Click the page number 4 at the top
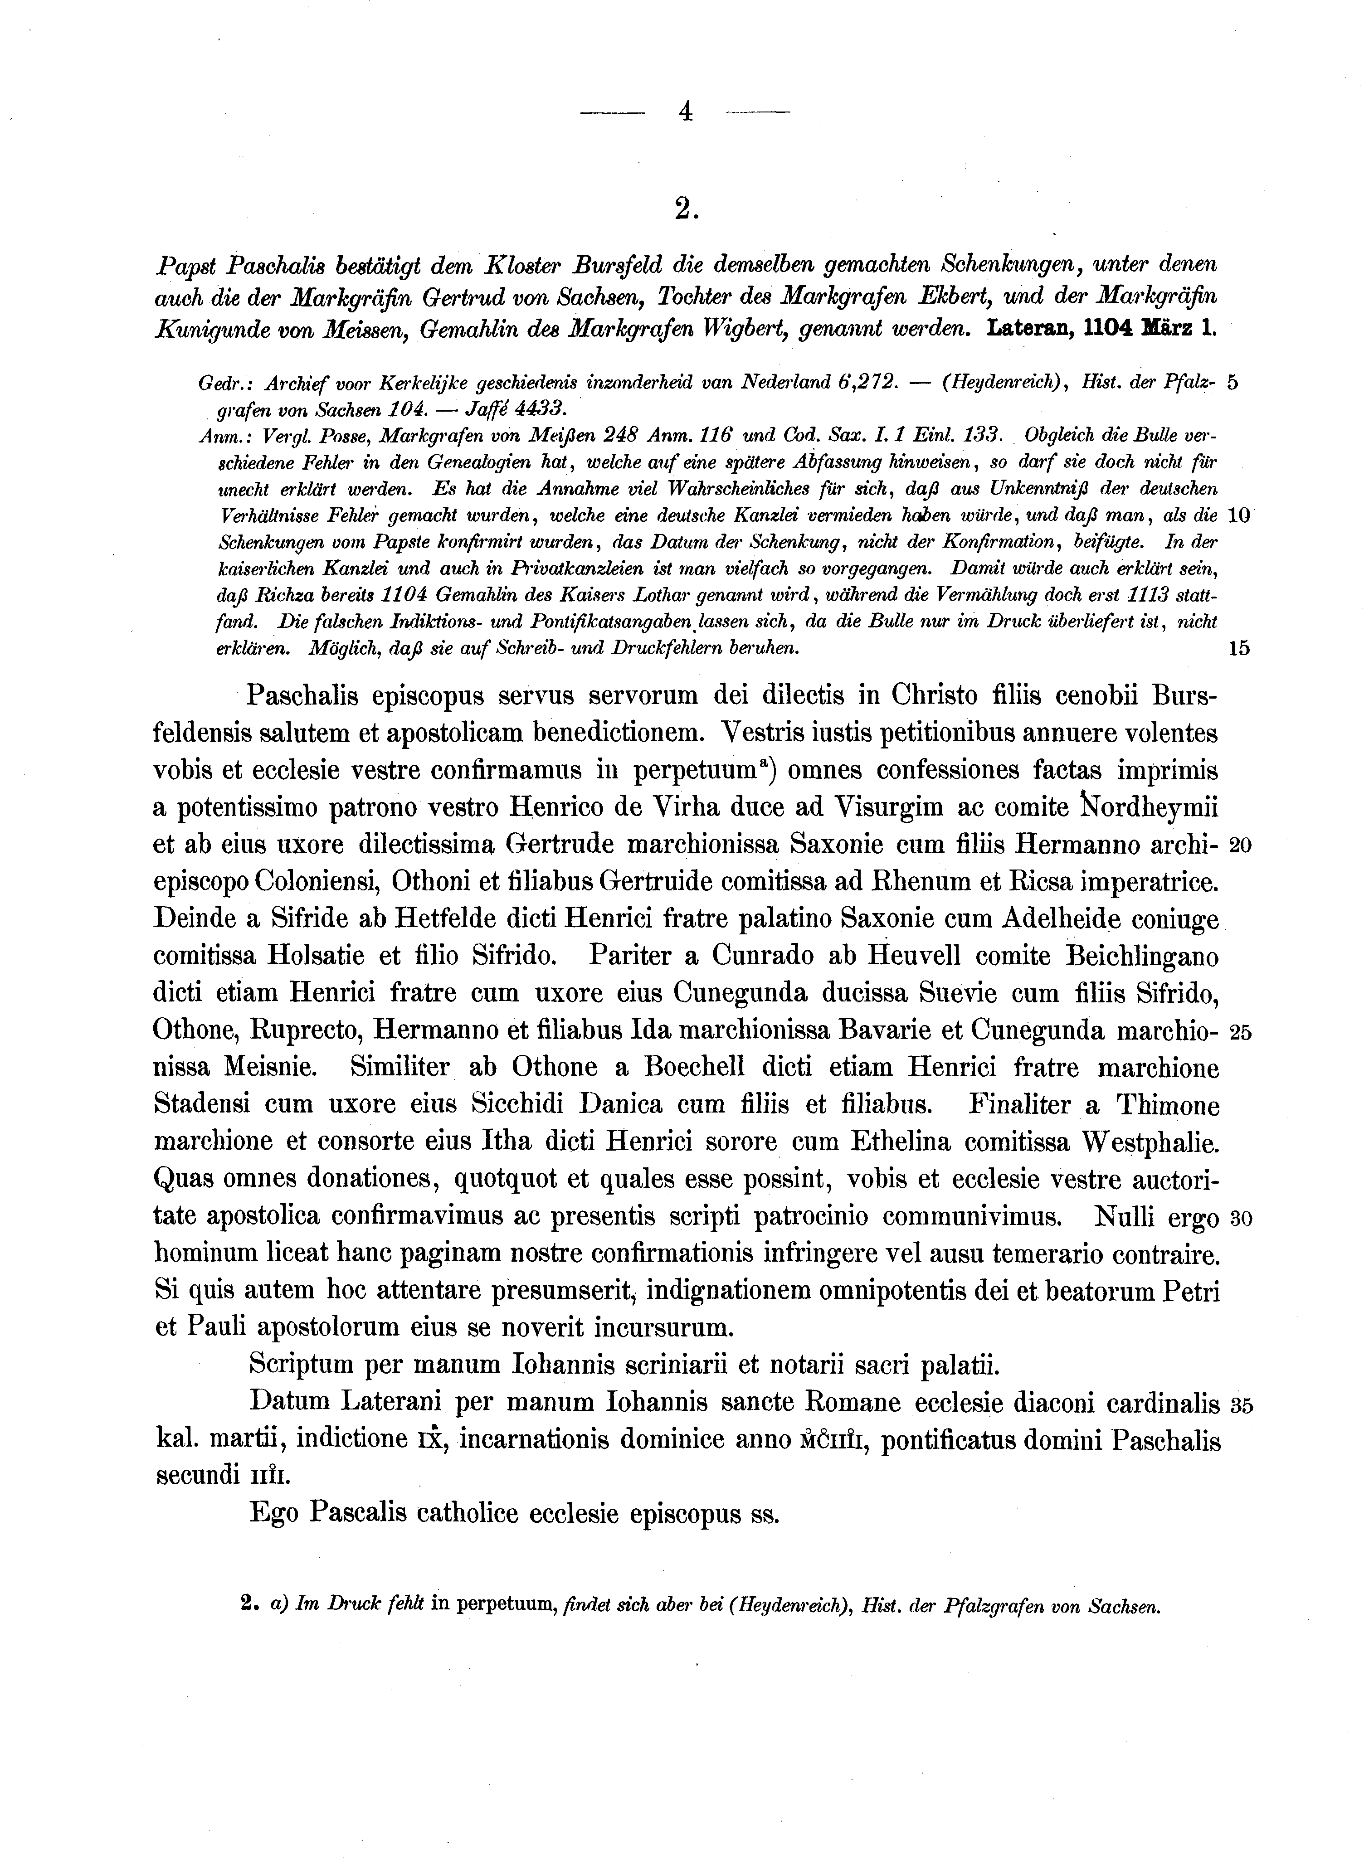point(685,112)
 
